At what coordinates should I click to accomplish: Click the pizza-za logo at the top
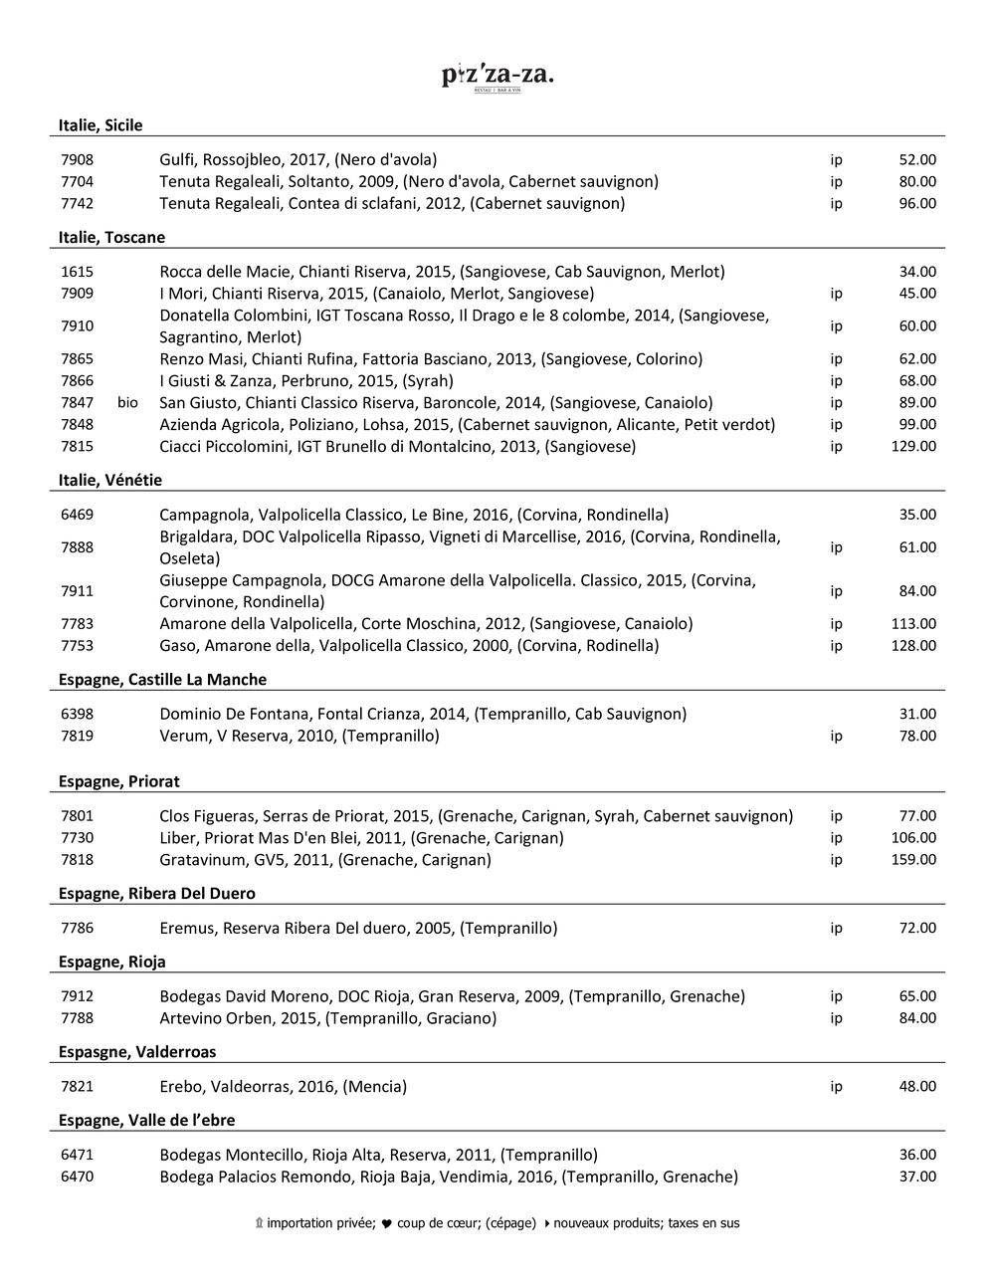(x=497, y=77)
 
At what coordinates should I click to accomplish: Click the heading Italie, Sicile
(x=100, y=125)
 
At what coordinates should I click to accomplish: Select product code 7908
(x=77, y=159)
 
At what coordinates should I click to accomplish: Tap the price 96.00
(x=917, y=203)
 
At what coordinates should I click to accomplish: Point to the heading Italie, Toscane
(x=111, y=237)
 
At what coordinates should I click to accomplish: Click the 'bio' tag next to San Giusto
(x=127, y=402)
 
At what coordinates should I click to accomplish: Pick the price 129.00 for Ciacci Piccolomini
(x=913, y=446)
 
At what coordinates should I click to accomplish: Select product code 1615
(x=77, y=272)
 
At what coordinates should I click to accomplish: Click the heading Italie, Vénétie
(x=109, y=480)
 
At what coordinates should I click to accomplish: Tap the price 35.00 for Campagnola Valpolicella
(x=917, y=515)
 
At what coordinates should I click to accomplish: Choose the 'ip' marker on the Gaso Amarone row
(x=836, y=645)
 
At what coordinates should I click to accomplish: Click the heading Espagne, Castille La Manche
(x=162, y=679)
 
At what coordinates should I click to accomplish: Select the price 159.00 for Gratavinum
(x=913, y=859)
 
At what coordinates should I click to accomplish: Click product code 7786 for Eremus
(x=77, y=928)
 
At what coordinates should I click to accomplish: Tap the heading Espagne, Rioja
(x=111, y=962)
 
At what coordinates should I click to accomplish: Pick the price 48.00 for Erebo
(x=917, y=1086)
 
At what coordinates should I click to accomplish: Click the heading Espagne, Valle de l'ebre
(x=146, y=1120)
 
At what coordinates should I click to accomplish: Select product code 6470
(x=77, y=1177)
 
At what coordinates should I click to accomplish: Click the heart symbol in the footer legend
(x=386, y=1223)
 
